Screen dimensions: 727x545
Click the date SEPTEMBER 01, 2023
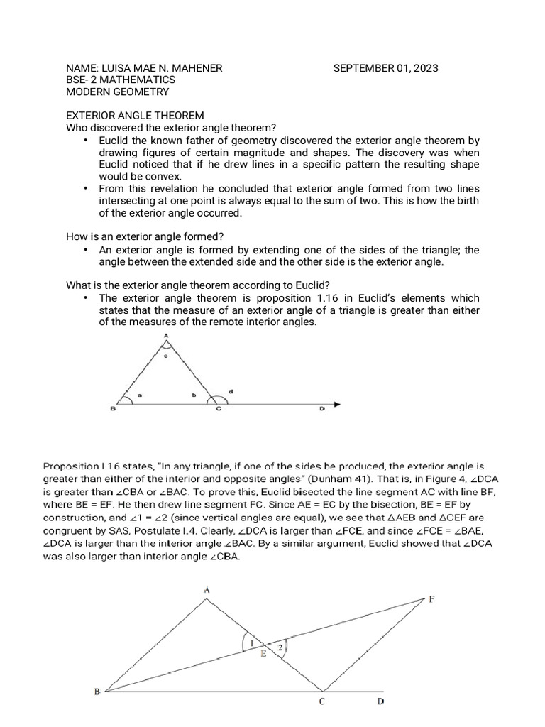(385, 68)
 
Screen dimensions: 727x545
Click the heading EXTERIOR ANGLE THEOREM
(135, 115)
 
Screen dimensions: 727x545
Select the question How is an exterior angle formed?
(150, 236)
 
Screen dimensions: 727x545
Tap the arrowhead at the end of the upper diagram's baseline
(338, 405)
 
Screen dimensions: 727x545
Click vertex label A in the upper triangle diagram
(166, 335)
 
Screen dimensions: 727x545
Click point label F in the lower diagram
(431, 599)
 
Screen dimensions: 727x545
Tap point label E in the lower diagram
(263, 654)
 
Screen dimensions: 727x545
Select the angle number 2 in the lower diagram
(281, 647)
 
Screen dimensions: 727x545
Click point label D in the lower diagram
(380, 702)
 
